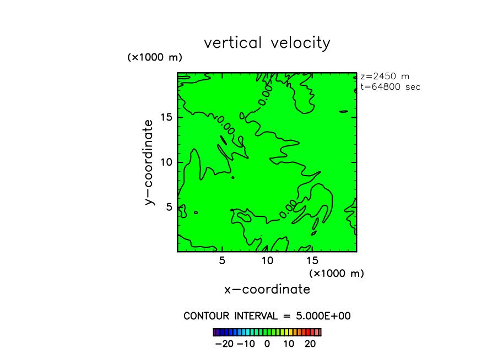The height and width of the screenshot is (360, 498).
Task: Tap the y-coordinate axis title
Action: [x=149, y=162]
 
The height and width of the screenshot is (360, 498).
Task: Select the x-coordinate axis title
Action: [x=267, y=290]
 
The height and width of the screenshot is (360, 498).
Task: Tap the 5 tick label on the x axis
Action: [x=222, y=261]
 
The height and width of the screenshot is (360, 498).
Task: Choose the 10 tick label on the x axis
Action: [x=267, y=261]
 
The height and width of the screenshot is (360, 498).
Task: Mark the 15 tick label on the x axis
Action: [x=312, y=261]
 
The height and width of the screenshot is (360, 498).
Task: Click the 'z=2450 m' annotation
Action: [x=385, y=77]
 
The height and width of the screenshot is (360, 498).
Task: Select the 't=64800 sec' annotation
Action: [x=390, y=87]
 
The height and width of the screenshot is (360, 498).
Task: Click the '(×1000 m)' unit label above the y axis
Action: [x=155, y=57]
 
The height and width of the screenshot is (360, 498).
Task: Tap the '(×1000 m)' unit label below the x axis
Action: [x=337, y=273]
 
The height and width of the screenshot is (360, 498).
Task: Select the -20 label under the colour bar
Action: [x=224, y=344]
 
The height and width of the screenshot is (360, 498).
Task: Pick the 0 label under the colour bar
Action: [x=267, y=344]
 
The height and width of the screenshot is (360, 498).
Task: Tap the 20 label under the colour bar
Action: [x=310, y=344]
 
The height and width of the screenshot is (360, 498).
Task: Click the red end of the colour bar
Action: [x=318, y=332]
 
